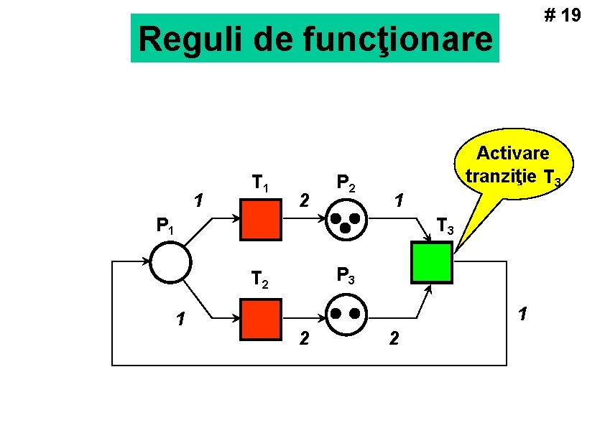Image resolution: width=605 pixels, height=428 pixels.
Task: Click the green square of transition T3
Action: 431,262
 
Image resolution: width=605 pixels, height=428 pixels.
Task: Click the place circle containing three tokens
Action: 345,220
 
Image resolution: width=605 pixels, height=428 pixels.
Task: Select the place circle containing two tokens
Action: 345,315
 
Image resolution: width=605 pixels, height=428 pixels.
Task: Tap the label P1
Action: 165,227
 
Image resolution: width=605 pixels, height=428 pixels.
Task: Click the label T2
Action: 259,279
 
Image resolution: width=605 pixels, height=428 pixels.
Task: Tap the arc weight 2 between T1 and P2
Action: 305,199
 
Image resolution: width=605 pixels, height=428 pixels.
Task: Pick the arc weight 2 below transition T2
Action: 305,338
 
